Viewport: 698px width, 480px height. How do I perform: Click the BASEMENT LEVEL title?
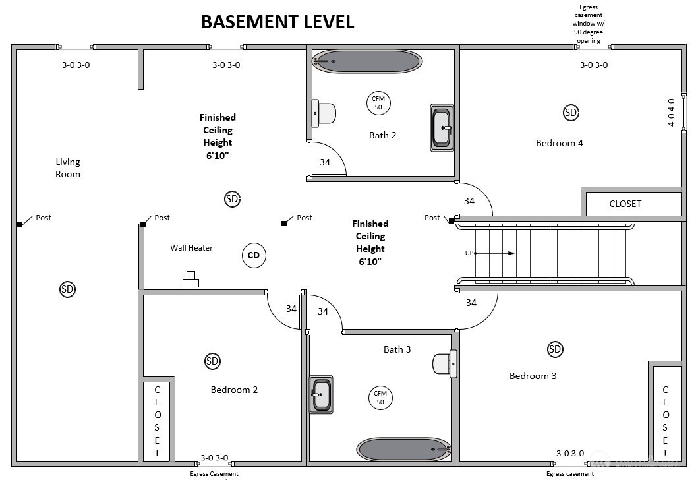[x=277, y=21]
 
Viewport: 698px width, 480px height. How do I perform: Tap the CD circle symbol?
[x=254, y=255]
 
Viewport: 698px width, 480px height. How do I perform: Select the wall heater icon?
[x=191, y=280]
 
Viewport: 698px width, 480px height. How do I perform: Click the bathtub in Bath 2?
[x=366, y=61]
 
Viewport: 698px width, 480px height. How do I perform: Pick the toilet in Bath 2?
[x=324, y=113]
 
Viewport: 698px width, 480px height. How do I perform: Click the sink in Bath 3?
[x=321, y=394]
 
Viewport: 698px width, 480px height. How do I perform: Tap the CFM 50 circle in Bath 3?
[x=380, y=398]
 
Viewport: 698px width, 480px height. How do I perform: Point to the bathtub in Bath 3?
[x=404, y=450]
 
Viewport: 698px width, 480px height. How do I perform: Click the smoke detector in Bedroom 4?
[x=571, y=113]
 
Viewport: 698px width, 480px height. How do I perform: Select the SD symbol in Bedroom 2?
[x=212, y=361]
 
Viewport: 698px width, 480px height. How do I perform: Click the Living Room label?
[x=68, y=167]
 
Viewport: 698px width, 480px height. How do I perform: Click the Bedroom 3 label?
[x=533, y=376]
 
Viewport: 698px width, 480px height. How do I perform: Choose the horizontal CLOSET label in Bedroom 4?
[x=625, y=204]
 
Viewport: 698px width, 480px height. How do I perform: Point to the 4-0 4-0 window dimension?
[x=672, y=112]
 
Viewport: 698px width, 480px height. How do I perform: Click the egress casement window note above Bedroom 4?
[x=589, y=24]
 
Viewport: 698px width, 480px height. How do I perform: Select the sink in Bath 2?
[x=442, y=127]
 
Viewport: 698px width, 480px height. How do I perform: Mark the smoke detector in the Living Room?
[x=67, y=288]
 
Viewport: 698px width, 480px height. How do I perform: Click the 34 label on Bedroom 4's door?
[x=469, y=201]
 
